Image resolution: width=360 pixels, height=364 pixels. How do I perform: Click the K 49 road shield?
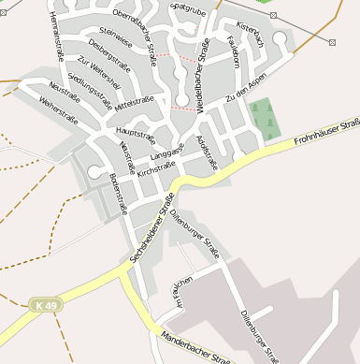(45, 305)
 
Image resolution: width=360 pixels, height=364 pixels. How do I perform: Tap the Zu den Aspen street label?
(246, 93)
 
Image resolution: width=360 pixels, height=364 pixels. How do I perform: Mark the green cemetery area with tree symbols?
(264, 118)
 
